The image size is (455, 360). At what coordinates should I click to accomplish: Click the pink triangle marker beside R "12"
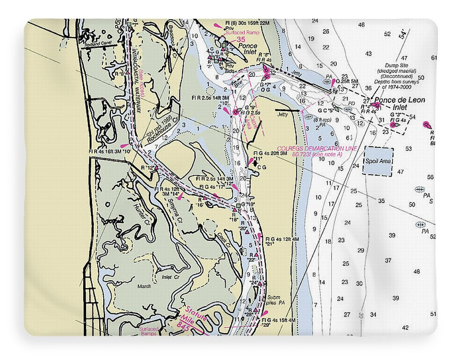coord(156,167)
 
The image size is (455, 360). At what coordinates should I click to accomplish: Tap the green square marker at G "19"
coord(238,206)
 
